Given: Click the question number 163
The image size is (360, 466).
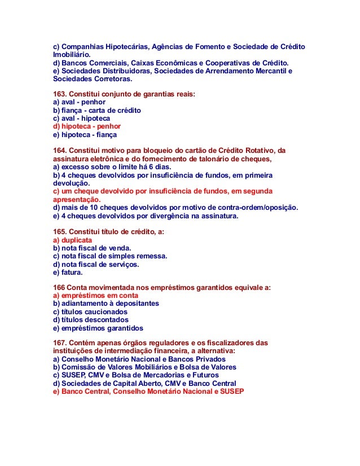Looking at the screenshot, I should (x=60, y=94).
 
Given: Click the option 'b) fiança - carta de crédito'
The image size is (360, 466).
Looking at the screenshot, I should (x=96, y=111).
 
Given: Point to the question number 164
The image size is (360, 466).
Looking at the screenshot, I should (x=60, y=151).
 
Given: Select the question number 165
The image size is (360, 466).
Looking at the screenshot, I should (x=60, y=232).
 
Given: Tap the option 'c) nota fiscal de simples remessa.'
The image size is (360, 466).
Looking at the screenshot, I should (x=110, y=256).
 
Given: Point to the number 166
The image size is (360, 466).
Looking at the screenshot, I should (x=59, y=288).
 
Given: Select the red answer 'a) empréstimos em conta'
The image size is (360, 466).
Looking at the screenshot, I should (x=95, y=296).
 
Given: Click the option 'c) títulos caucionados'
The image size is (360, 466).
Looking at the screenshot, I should (x=90, y=312).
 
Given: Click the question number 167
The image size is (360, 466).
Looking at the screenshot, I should (x=60, y=342).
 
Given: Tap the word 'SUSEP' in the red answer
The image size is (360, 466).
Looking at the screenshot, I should (x=231, y=391).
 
